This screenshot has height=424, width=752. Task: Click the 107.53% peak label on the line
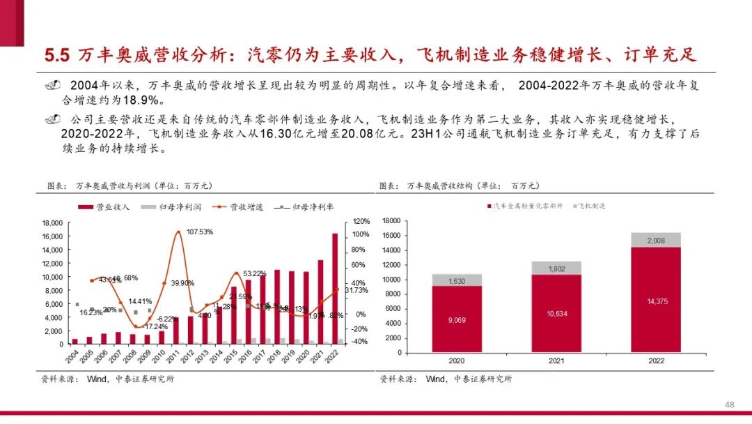click(199, 232)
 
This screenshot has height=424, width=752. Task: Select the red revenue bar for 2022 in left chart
click(334, 288)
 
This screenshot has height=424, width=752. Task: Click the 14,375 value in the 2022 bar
click(656, 301)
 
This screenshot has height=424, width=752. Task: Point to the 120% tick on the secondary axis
click(361, 221)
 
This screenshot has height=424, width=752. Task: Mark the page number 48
click(730, 405)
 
